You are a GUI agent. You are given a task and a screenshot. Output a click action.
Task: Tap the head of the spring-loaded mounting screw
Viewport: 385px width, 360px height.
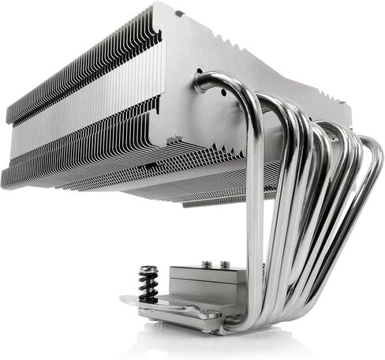click(x=148, y=271)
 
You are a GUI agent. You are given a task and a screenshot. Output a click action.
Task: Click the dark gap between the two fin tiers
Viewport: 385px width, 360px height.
click(x=79, y=114)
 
